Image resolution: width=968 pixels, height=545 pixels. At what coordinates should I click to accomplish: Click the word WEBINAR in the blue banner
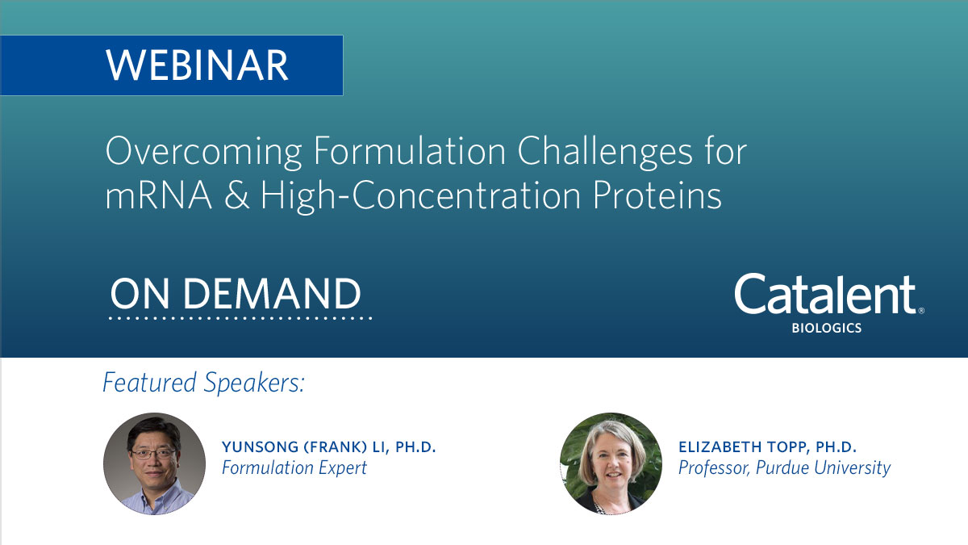click(197, 65)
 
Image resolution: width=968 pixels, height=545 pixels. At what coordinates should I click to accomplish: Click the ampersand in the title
click(236, 196)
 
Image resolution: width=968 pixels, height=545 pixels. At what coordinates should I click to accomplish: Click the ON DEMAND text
click(236, 294)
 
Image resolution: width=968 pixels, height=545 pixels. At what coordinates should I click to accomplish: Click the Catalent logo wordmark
click(825, 296)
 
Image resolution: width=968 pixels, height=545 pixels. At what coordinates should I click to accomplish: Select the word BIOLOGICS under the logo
click(828, 329)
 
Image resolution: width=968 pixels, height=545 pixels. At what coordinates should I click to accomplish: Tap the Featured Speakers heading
click(203, 383)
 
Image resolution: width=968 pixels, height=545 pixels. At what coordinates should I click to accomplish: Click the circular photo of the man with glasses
click(154, 463)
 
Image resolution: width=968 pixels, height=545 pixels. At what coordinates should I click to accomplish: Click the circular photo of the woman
click(611, 463)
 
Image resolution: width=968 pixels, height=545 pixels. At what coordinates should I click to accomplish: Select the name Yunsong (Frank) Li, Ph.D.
click(328, 447)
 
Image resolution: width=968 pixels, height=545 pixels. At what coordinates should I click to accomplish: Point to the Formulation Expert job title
click(294, 467)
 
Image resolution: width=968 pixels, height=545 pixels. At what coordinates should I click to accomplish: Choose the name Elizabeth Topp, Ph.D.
click(766, 447)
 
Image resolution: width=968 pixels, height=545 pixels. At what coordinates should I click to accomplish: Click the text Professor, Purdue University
click(784, 467)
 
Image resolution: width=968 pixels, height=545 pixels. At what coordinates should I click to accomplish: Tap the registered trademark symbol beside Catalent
click(921, 310)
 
